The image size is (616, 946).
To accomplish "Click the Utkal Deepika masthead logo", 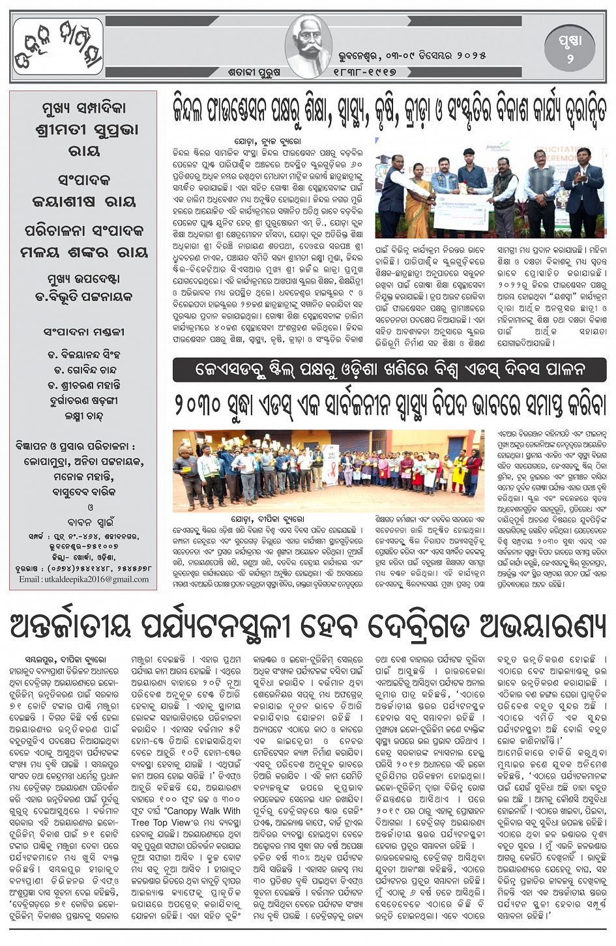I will [x=58, y=47].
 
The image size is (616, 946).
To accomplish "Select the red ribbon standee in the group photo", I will [x=331, y=463].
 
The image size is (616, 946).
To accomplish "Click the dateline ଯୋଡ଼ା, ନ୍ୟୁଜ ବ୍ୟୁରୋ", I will [x=269, y=141].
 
